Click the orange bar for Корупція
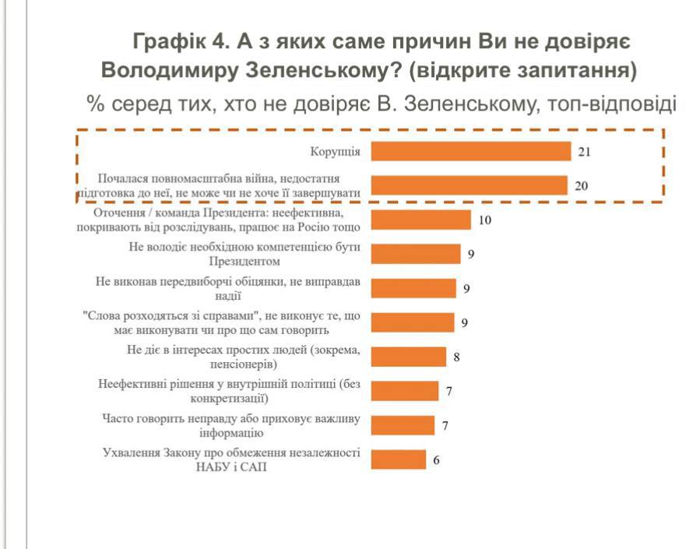(470, 151)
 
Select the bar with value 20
(468, 185)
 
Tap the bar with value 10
(420, 220)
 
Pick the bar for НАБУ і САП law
(398, 459)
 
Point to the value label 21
(584, 152)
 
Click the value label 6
(436, 459)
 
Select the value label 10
(485, 220)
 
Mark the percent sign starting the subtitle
(96, 104)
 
